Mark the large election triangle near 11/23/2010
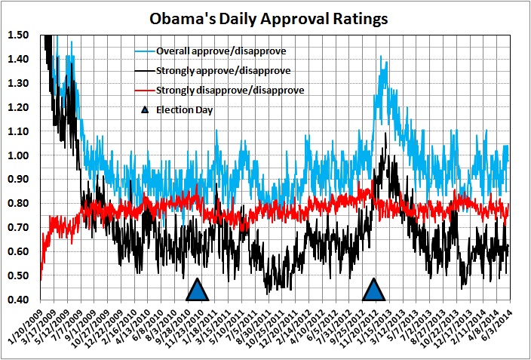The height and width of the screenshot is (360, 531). click(198, 291)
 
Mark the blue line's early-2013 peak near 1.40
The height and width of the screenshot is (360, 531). click(382, 57)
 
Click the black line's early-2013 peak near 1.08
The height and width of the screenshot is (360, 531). click(386, 134)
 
